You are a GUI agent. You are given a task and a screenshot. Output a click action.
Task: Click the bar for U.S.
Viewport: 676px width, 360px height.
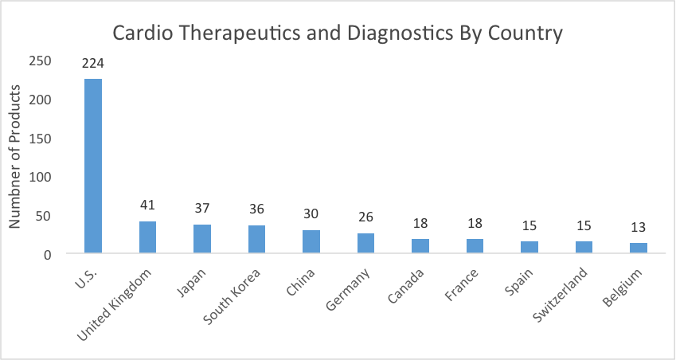pyautogui.click(x=93, y=166)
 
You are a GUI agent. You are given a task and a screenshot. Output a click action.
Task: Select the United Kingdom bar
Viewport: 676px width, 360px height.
pyautogui.click(x=147, y=237)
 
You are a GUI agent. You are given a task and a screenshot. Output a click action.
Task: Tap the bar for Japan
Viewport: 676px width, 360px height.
pyautogui.click(x=202, y=239)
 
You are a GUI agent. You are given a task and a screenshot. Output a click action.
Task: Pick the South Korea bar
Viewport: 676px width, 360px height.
pyautogui.click(x=256, y=240)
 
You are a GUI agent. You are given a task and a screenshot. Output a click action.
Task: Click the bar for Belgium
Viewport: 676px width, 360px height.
pyautogui.click(x=638, y=248)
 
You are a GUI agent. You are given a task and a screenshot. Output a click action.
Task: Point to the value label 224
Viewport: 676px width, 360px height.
pyautogui.click(x=93, y=62)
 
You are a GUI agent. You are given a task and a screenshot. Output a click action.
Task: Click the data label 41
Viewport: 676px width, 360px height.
pyautogui.click(x=147, y=205)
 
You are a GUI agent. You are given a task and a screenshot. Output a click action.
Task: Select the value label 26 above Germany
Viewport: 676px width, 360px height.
pyautogui.click(x=365, y=217)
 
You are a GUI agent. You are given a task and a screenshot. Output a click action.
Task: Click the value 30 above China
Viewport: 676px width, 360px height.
pyautogui.click(x=311, y=213)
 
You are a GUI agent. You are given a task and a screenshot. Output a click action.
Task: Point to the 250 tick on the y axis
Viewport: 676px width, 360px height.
pyautogui.click(x=41, y=61)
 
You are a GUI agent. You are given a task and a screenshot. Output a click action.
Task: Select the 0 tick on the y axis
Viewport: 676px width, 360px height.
pyautogui.click(x=48, y=254)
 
